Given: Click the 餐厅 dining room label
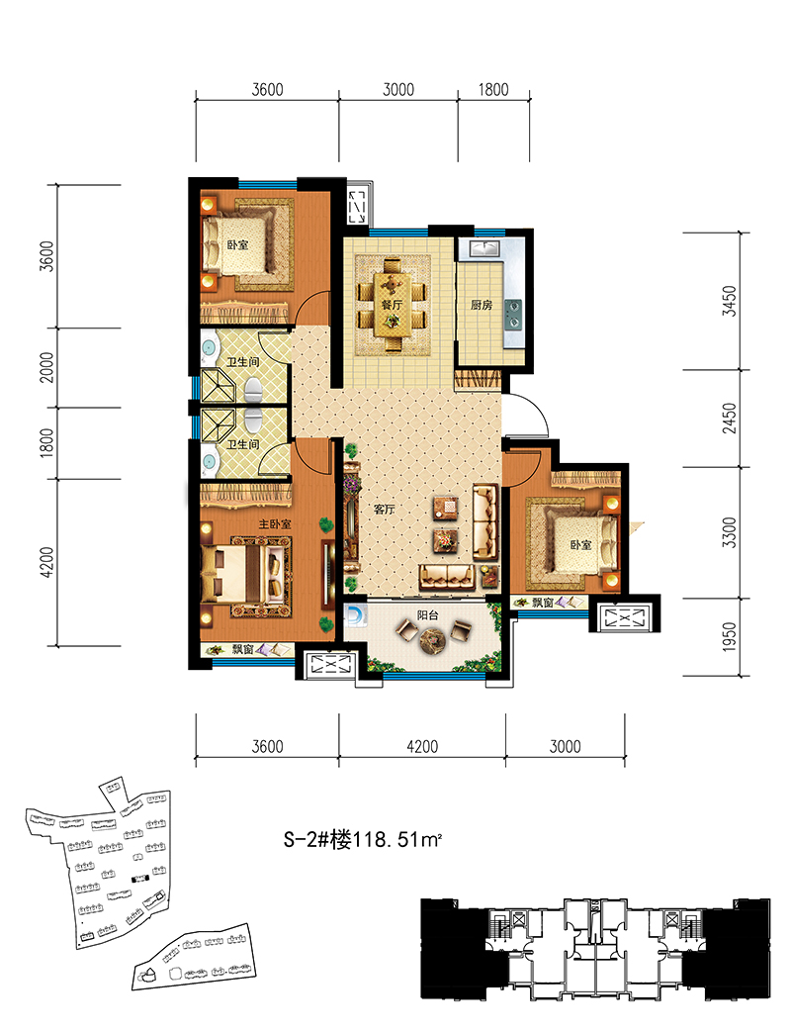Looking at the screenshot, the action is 392,305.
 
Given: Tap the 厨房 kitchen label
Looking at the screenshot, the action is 482,305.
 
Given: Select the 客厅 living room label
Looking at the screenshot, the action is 384,509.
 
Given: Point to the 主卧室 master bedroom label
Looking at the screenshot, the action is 275,523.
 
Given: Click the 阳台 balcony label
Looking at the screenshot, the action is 427,615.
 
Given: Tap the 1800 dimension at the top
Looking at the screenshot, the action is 493,89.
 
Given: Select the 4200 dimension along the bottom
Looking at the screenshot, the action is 422,746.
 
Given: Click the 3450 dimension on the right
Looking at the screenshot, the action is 729,301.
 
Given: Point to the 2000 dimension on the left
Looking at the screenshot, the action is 46,367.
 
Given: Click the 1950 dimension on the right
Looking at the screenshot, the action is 729,636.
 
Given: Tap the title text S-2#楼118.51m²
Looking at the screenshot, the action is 362,840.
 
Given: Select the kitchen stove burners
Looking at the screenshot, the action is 513,314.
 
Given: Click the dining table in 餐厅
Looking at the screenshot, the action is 392,305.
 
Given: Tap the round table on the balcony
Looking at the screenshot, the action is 434,638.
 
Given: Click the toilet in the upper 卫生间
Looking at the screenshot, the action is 253,391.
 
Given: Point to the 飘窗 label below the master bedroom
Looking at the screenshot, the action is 242,650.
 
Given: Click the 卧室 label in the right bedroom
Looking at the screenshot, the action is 580,545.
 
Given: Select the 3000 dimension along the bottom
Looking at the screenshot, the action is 566,746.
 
